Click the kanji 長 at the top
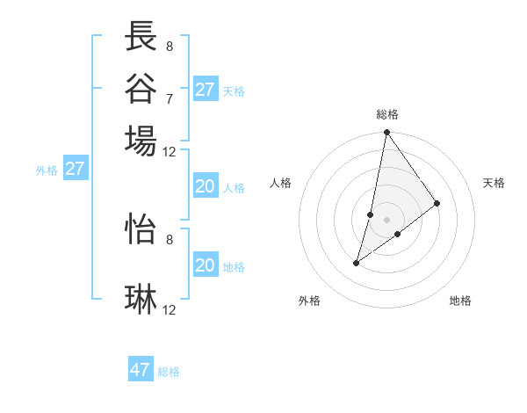point(141,37)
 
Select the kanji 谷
point(141,88)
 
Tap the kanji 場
point(141,141)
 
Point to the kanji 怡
point(141,228)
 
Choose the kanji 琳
point(141,300)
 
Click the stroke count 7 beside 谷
point(170,98)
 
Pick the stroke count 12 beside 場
point(170,151)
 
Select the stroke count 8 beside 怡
point(170,238)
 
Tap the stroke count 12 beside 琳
point(170,309)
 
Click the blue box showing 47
point(141,370)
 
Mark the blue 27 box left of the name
point(75,169)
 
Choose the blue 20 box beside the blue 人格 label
point(205,186)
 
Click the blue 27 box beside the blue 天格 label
point(205,90)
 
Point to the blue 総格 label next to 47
point(169,372)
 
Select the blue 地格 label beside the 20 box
point(234,267)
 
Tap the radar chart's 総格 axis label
point(386,114)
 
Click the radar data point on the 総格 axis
point(386,134)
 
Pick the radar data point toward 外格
point(357,262)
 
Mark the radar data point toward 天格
point(437,203)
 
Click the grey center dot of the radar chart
point(386,219)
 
